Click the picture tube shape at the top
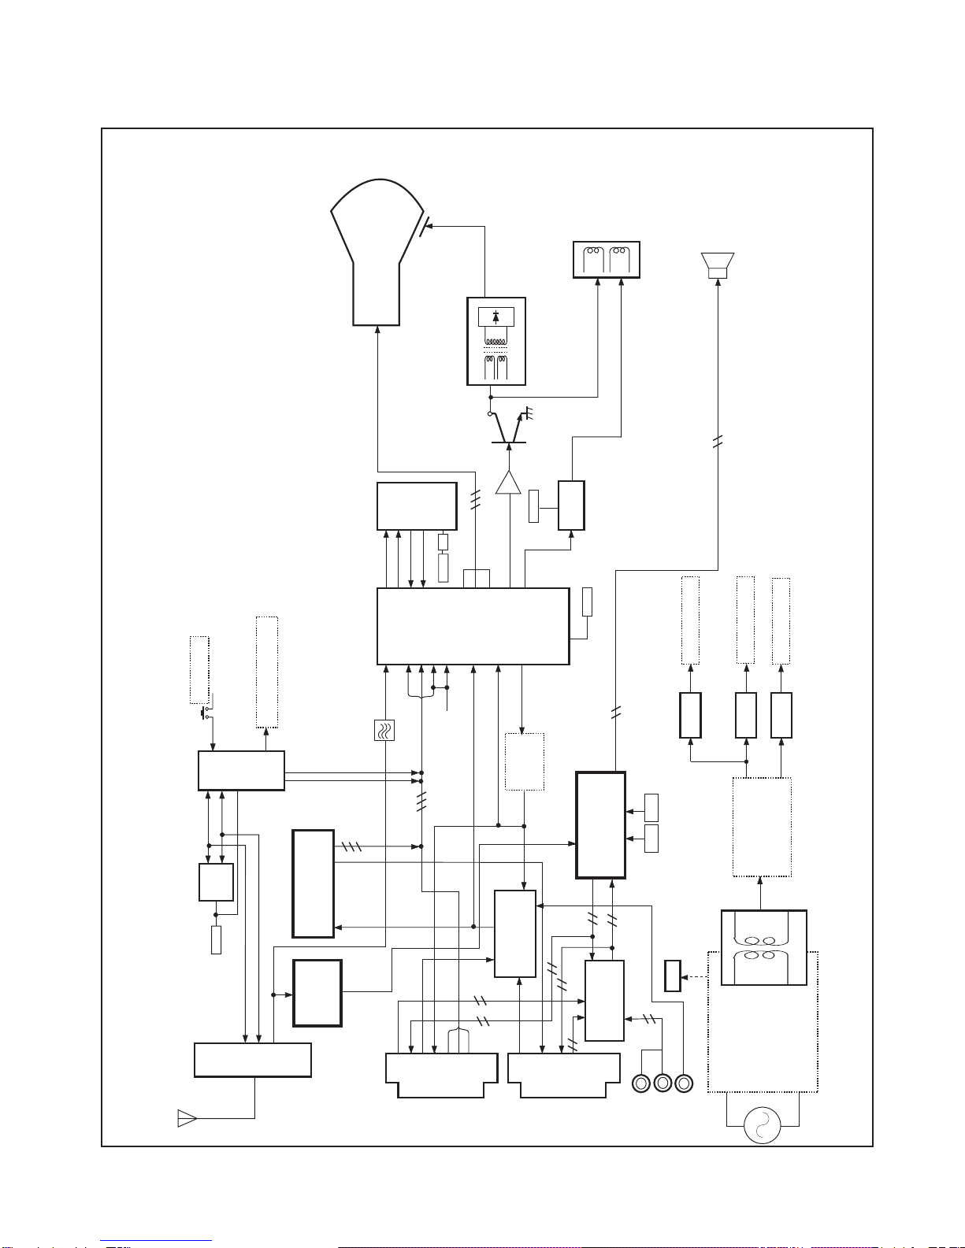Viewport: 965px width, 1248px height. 377,252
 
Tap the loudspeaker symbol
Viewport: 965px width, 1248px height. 718,265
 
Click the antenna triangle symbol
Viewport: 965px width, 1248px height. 187,1118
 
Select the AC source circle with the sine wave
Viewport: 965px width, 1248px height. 763,1126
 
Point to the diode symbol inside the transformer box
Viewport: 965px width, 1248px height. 495,317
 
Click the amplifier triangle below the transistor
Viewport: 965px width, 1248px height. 509,483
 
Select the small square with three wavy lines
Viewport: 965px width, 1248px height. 384,731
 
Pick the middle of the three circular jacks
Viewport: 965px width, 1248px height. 663,1083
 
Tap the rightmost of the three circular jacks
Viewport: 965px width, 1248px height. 684,1083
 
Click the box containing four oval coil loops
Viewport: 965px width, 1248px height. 763,948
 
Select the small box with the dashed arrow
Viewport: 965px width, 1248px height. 672,976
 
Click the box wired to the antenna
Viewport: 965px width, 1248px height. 252,1060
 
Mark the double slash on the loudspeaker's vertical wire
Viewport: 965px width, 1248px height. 717,443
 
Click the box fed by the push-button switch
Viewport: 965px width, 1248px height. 240,770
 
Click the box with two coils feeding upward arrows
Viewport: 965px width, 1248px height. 606,260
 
